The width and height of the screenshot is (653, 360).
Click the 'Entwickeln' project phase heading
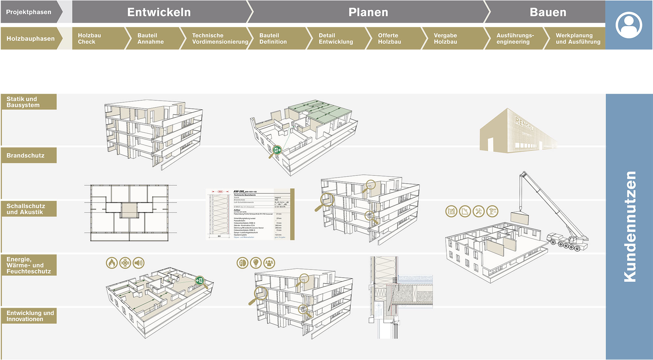(x=159, y=12)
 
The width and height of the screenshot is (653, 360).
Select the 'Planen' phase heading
(x=368, y=12)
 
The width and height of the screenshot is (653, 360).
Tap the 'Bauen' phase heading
(x=548, y=12)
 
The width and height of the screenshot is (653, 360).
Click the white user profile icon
(x=629, y=25)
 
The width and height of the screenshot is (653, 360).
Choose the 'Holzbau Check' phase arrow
(x=89, y=39)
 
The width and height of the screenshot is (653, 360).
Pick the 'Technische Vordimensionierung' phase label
(x=220, y=39)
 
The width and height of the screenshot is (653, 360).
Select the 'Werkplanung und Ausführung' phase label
(x=578, y=39)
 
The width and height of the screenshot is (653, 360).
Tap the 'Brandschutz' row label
(x=25, y=155)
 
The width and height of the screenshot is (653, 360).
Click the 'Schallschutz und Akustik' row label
(x=25, y=209)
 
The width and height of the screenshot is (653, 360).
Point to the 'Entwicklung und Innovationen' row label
(x=30, y=316)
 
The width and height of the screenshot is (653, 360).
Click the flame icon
(x=112, y=263)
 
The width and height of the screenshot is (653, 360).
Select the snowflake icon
(x=125, y=263)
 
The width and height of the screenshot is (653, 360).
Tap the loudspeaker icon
(x=139, y=263)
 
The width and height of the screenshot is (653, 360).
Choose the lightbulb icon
(x=256, y=263)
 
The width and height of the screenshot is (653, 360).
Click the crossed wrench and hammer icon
(x=479, y=211)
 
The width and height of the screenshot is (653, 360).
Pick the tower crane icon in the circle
(x=492, y=211)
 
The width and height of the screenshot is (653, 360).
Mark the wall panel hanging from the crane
(x=519, y=218)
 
